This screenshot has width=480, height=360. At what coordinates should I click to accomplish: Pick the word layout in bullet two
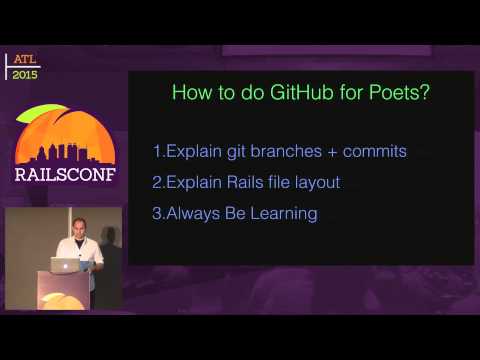[316, 182]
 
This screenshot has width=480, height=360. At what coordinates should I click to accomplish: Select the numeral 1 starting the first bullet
[157, 152]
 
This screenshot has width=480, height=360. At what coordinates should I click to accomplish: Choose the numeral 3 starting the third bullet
[157, 213]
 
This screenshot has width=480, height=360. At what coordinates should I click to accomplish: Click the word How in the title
[190, 93]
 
